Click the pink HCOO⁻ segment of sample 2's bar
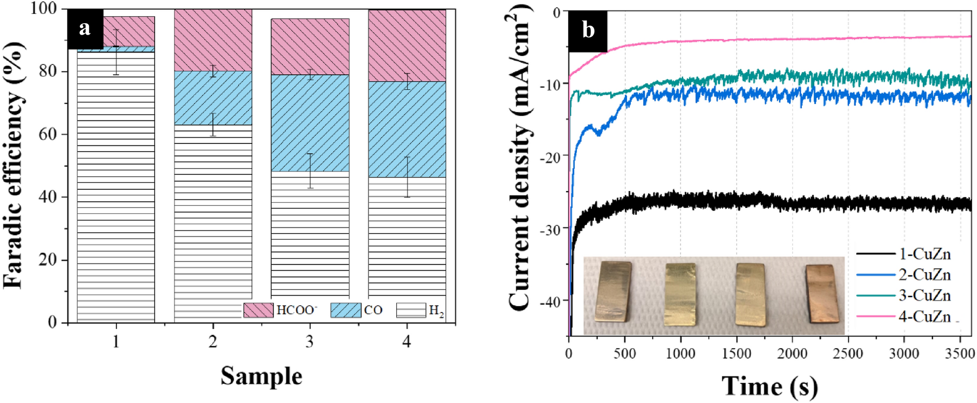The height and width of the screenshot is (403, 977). coord(213,40)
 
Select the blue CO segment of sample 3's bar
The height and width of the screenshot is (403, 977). coord(310,123)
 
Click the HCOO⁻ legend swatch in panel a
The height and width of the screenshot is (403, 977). coord(258,310)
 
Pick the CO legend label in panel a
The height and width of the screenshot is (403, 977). coord(373,310)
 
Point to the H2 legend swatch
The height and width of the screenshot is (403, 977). coord(411,310)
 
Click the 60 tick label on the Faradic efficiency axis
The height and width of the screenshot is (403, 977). coord(47,134)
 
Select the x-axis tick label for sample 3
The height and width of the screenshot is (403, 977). coord(310,342)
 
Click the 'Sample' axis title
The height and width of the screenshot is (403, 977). coord(261,376)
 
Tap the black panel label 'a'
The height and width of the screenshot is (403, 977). coord(85,29)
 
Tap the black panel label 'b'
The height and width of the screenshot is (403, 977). coord(588,30)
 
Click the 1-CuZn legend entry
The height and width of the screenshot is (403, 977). coord(904,254)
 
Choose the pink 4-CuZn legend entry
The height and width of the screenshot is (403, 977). coord(904,316)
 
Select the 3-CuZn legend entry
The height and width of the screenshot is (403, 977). coord(904,295)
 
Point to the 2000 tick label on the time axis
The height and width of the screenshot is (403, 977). coord(792,354)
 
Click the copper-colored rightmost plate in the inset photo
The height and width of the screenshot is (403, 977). coord(823,293)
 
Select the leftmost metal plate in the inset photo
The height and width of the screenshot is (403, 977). coord(614,291)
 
